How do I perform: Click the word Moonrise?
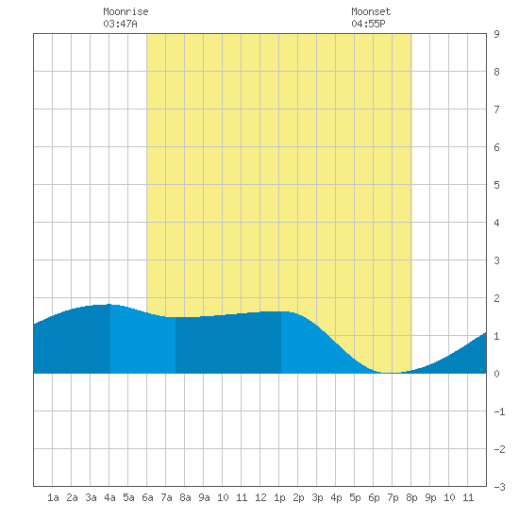pyautogui.click(x=126, y=11)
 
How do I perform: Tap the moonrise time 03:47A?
pyautogui.click(x=120, y=24)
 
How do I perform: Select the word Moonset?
pyautogui.click(x=371, y=11)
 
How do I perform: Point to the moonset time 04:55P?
pyautogui.click(x=368, y=24)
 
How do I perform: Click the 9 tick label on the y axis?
pyautogui.click(x=496, y=34)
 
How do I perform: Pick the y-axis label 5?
pyautogui.click(x=496, y=185)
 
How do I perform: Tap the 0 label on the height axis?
pyautogui.click(x=496, y=374)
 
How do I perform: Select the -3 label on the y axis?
pyautogui.click(x=499, y=487)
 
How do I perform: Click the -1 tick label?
pyautogui.click(x=499, y=411)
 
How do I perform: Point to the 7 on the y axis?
pyautogui.click(x=496, y=109)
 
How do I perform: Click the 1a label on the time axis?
pyautogui.click(x=53, y=497)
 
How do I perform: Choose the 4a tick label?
pyautogui.click(x=109, y=497)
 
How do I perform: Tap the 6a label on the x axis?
pyautogui.click(x=147, y=497)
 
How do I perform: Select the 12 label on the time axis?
pyautogui.click(x=260, y=497)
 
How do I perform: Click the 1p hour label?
pyautogui.click(x=279, y=497)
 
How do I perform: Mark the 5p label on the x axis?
pyautogui.click(x=355, y=497)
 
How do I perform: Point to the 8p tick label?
pyautogui.click(x=411, y=497)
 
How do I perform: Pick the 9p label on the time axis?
pyautogui.click(x=430, y=497)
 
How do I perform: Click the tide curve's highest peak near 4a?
pyautogui.click(x=109, y=304)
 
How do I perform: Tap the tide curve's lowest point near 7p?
pyautogui.click(x=392, y=373)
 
